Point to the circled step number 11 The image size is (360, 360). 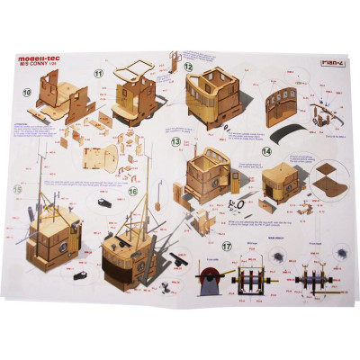[x=99, y=73]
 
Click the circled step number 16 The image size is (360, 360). [x=132, y=192]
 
